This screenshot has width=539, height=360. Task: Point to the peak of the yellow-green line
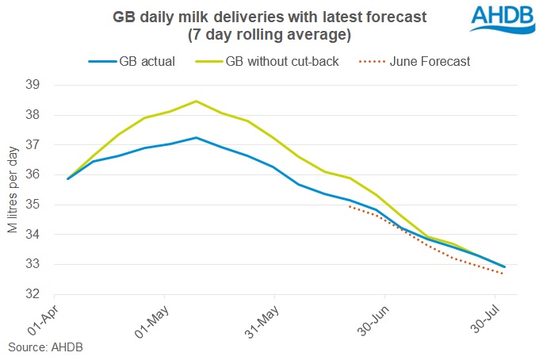click(x=196, y=101)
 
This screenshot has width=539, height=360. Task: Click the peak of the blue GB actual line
click(x=196, y=138)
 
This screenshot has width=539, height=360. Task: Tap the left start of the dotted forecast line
click(x=350, y=206)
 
